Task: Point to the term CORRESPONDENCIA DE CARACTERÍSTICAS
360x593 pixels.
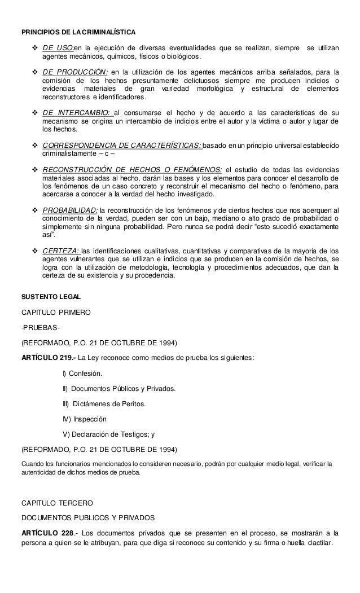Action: click(121, 146)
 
